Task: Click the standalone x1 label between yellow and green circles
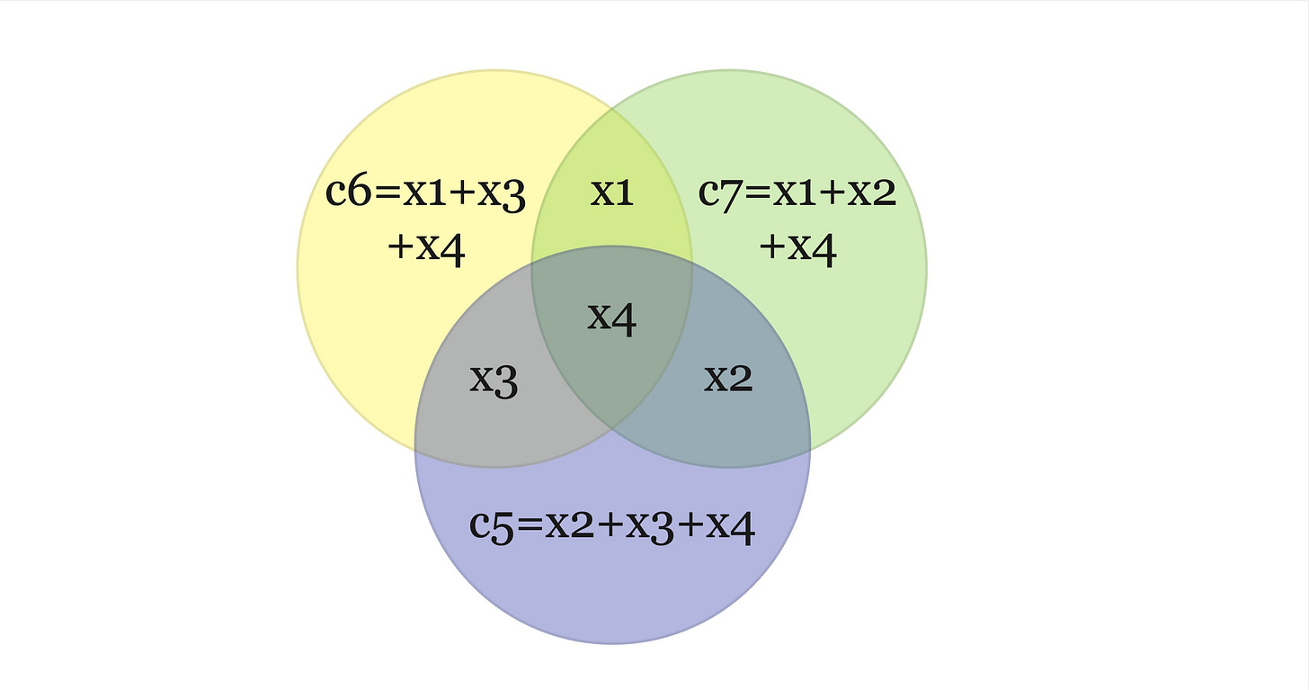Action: [612, 193]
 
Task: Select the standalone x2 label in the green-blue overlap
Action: [727, 379]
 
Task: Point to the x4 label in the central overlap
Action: [612, 317]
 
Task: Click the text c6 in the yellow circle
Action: [346, 193]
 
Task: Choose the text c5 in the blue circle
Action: [491, 524]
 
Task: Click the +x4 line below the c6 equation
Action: [426, 247]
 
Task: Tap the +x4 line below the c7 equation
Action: [798, 247]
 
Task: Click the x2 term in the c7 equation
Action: [873, 193]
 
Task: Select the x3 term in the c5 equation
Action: [649, 526]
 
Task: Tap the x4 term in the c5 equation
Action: [729, 526]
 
